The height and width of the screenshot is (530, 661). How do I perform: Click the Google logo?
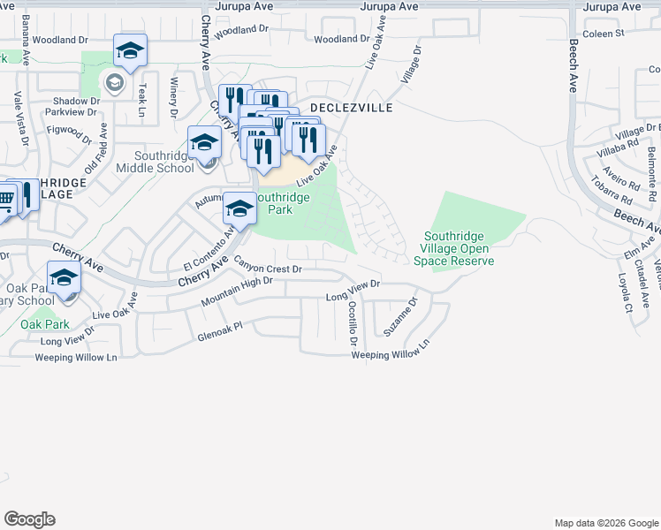click(29, 519)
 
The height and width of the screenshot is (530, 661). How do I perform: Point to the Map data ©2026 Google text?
click(605, 523)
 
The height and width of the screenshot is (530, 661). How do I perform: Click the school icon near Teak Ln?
click(130, 51)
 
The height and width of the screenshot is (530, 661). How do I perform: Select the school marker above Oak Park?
click(65, 279)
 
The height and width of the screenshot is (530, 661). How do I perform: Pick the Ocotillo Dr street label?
click(352, 322)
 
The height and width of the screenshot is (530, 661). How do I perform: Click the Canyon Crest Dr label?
click(269, 264)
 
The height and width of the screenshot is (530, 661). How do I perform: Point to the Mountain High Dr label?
click(236, 292)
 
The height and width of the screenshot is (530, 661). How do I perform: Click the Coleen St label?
click(604, 34)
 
